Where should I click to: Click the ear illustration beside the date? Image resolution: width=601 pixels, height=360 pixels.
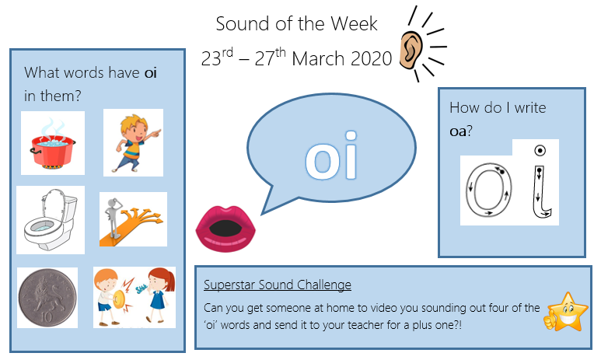(x=411, y=51)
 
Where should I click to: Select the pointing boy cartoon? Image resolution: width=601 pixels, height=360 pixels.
(x=135, y=142)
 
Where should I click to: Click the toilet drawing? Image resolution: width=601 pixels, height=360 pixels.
(x=51, y=219)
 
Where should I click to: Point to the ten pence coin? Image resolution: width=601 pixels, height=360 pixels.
(x=47, y=298)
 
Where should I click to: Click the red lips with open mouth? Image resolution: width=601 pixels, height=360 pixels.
(x=225, y=229)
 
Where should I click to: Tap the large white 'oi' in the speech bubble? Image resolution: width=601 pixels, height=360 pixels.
(x=331, y=156)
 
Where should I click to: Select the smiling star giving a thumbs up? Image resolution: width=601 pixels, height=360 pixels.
(x=566, y=312)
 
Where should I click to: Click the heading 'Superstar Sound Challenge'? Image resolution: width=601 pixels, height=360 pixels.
(x=277, y=285)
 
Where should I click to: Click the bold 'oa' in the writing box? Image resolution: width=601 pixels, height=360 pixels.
(x=458, y=131)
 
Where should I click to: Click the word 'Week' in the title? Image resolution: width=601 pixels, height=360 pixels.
(x=354, y=24)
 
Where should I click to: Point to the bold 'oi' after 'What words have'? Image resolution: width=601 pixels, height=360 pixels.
(x=150, y=72)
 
